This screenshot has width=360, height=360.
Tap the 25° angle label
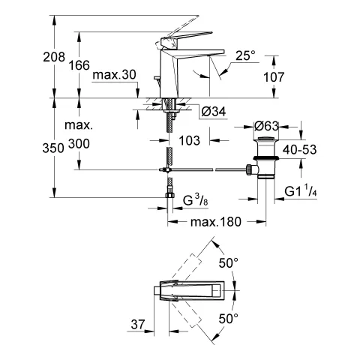pyautogui.click(x=245, y=55)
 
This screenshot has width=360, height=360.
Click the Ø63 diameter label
pyautogui.click(x=267, y=125)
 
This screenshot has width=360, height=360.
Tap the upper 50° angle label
pyautogui.click(x=228, y=263)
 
